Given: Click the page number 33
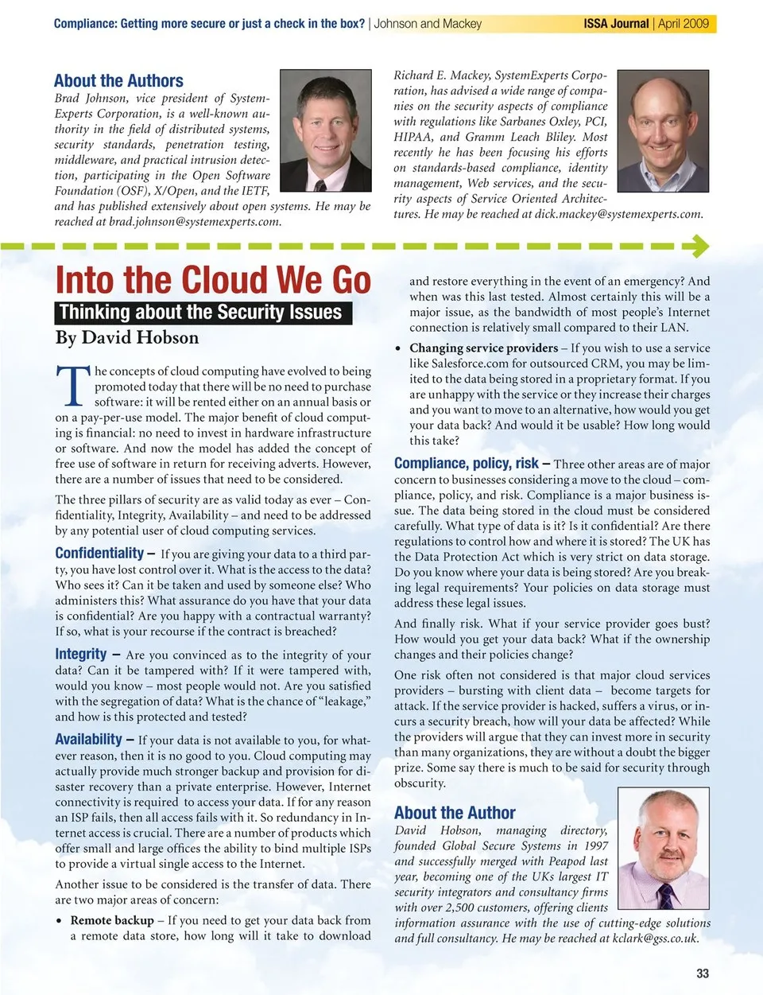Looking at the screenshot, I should pyautogui.click(x=702, y=974).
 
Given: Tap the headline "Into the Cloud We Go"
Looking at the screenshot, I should pyautogui.click(x=213, y=280).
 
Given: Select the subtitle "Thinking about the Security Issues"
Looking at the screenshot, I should pyautogui.click(x=201, y=313).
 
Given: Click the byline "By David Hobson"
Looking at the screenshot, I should pyautogui.click(x=127, y=338).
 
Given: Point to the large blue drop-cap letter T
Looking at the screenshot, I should pyautogui.click(x=72, y=386).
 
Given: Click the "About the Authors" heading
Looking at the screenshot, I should pyautogui.click(x=118, y=81).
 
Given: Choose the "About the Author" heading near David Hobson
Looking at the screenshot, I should pyautogui.click(x=455, y=813).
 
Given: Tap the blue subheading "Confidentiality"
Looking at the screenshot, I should pyautogui.click(x=99, y=553).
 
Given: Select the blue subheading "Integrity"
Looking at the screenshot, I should pyautogui.click(x=81, y=654).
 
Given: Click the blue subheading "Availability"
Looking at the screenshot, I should pyautogui.click(x=89, y=739).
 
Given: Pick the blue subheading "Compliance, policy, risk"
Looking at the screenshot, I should pyautogui.click(x=467, y=464).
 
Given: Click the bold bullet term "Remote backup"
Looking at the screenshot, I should pyautogui.click(x=112, y=920).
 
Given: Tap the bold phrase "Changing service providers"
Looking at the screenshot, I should pyautogui.click(x=483, y=348).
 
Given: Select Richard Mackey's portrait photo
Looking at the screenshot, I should pyautogui.click(x=663, y=130).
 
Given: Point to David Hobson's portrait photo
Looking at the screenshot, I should pyautogui.click(x=663, y=848).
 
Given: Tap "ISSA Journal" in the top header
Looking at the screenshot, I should pyautogui.click(x=616, y=24).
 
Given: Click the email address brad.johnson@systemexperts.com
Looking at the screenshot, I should pyautogui.click(x=194, y=222).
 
